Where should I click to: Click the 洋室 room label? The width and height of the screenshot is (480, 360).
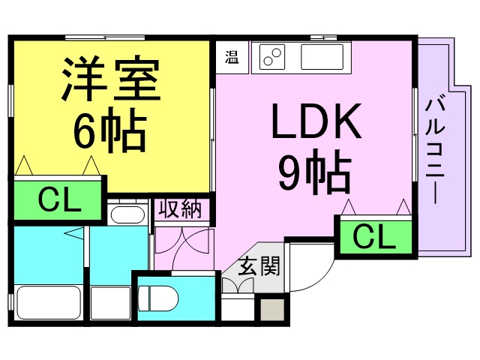coord(111,78)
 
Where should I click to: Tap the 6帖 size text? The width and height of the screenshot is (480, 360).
coord(109,130)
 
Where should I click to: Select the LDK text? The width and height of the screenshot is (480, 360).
coord(316,121)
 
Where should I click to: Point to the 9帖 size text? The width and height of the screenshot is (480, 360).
coord(315,172)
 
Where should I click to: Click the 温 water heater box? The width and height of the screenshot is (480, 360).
coord(232,57)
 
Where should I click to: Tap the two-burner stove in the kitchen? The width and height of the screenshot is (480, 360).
coord(272,57)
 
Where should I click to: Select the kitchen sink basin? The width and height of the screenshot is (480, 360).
coord(322,57)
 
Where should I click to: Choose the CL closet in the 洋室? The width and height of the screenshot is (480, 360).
coord(58,200)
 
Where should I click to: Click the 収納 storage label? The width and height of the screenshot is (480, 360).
coord(181,210)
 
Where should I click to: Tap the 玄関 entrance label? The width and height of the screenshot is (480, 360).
coord(259,266)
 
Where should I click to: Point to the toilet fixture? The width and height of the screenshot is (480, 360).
coord(158,298)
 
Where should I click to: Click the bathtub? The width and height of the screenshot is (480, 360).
coord(49,303)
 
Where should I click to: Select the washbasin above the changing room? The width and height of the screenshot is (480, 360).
coord(127,214)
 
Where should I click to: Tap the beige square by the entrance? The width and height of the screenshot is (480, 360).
coord(272,310)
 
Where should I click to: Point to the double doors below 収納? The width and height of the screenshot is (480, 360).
coord(184,248)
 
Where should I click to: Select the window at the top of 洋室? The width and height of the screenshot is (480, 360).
coord(105,37)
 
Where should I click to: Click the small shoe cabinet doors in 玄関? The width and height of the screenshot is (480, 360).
coord(238,285)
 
